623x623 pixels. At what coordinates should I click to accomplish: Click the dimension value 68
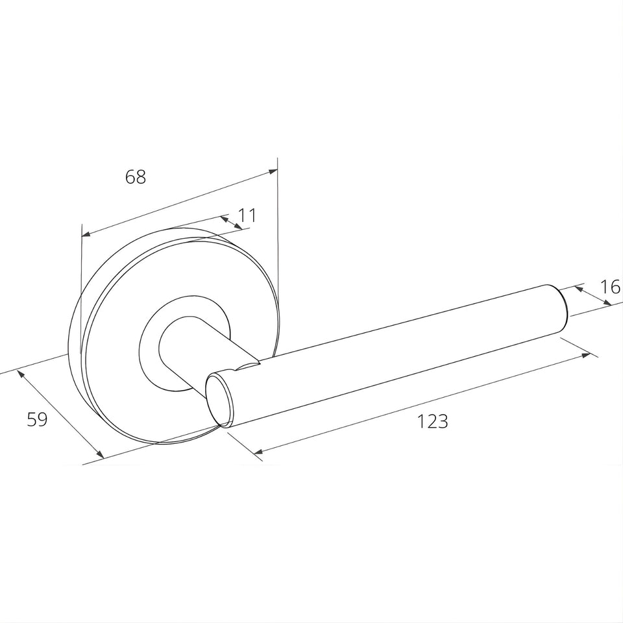click(x=136, y=177)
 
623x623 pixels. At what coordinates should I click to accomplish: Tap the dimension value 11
click(x=247, y=215)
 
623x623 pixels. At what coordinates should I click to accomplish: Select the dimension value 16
click(x=610, y=286)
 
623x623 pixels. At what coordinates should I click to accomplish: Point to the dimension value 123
click(x=433, y=422)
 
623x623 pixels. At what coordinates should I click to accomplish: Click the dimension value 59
click(x=38, y=419)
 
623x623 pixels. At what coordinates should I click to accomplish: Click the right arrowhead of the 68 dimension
click(x=273, y=171)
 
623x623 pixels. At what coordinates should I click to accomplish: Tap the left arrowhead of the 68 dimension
click(x=86, y=234)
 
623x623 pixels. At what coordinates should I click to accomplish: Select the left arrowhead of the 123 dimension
click(x=258, y=452)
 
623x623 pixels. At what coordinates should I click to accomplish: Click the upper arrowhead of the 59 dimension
click(x=20, y=374)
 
